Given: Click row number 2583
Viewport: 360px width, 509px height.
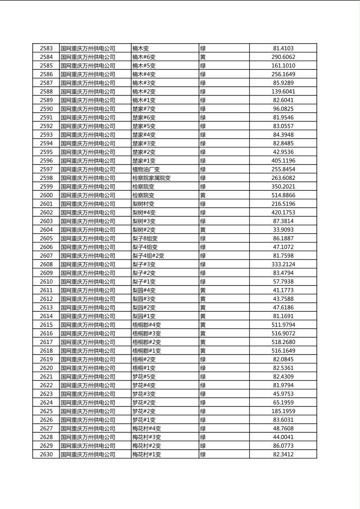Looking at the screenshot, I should point(46,48).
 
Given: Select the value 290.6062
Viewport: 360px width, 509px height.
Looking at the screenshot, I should point(283,57).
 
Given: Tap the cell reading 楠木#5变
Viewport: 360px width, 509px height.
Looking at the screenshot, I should point(144,66).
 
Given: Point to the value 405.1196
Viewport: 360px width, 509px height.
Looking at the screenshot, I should point(283,161).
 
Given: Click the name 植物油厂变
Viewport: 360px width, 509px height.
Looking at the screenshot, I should point(146,169).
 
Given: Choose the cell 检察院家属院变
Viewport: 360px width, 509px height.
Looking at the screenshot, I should point(151,178).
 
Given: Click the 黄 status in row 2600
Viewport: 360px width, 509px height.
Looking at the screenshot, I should point(203,195).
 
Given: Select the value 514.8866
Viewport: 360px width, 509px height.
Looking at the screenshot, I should point(283,195).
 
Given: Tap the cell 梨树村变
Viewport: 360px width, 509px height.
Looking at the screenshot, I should point(143,204).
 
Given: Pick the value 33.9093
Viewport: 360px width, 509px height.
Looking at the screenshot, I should point(283,230).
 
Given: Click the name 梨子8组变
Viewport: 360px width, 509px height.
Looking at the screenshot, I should point(145,239).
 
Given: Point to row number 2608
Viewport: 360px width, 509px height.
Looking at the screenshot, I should point(46,265).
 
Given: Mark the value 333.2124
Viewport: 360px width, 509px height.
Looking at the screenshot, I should point(283,265).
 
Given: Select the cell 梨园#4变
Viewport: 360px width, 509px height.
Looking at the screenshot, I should point(144,290).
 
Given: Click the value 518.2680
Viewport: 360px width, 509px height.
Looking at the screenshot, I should point(283,342).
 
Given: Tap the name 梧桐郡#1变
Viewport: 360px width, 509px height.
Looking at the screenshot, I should point(147,351).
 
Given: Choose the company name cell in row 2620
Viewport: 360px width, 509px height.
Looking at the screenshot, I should point(88,368).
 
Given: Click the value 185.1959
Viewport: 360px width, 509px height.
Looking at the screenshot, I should point(283,411).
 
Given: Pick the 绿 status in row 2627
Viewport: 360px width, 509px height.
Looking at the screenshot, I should point(203,429).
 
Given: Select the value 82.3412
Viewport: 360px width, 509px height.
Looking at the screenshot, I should point(283,455).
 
